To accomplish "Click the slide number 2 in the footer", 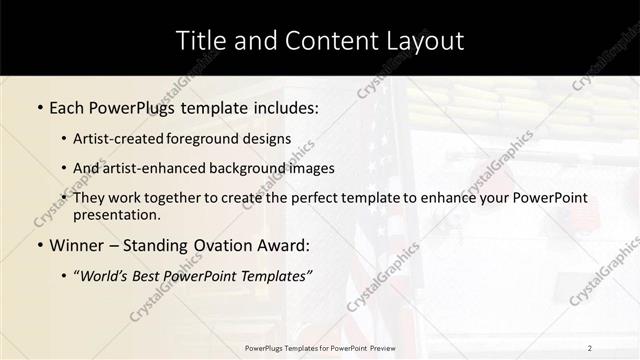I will point(589,347).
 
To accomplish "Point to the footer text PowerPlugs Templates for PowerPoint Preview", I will point(320,347).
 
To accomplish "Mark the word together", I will point(195,198).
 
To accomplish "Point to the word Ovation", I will point(220,244).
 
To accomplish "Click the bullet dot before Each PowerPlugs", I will point(39,106).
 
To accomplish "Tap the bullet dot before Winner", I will point(39,245).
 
